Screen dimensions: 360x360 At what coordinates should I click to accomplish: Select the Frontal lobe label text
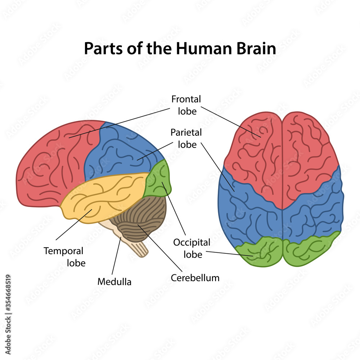186,105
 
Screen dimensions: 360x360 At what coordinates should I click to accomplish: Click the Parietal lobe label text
186,138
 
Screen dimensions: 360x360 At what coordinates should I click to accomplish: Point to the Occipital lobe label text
192,248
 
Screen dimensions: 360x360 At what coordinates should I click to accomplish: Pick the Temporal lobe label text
63,257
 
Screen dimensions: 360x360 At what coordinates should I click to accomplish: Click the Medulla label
114,282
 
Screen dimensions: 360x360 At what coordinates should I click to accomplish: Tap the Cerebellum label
195,278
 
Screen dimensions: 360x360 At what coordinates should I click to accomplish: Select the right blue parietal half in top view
313,212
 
